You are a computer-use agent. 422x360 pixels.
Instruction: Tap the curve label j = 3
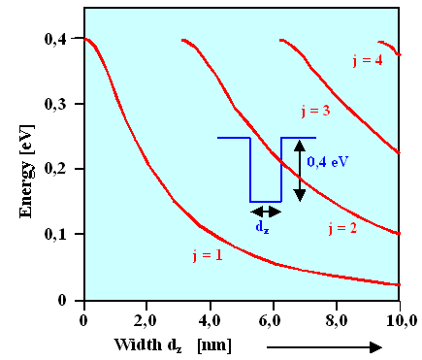coord(312,112)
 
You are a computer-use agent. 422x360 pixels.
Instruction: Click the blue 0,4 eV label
coord(328,162)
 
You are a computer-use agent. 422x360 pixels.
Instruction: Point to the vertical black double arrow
coord(301,170)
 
